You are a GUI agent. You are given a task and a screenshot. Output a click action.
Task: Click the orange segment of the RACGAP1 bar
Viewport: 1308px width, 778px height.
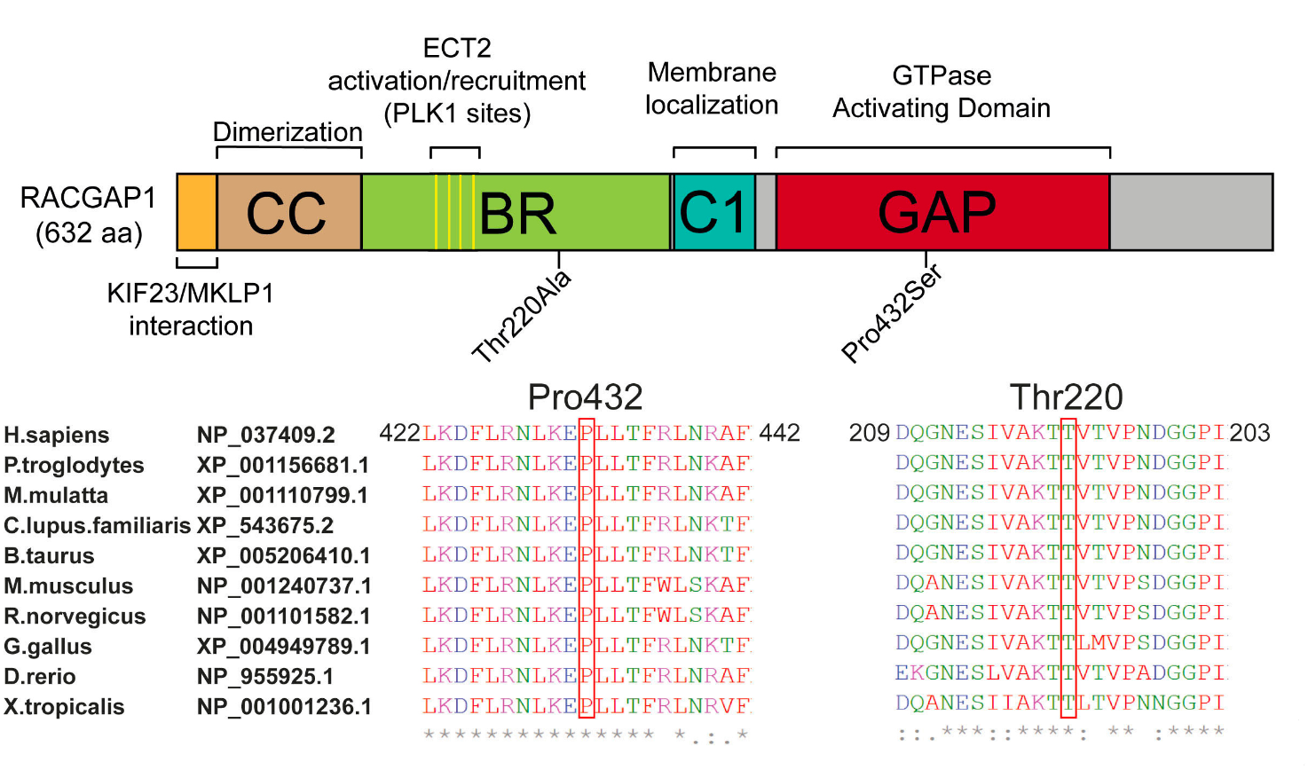197,212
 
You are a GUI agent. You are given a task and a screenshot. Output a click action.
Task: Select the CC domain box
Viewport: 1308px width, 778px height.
289,212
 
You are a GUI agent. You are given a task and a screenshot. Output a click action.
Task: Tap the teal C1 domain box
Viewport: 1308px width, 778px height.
714,212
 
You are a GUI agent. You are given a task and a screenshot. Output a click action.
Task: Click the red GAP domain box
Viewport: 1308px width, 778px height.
943,212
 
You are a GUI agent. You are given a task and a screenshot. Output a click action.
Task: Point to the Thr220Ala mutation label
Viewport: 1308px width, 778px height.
522,317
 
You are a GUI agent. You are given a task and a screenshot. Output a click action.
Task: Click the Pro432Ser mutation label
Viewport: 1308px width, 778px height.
892,313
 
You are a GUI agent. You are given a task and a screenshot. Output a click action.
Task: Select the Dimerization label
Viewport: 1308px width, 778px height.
288,132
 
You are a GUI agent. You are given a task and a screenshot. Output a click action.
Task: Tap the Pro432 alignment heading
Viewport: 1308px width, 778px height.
585,397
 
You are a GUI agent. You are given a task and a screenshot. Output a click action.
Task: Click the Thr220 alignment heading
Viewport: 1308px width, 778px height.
1067,397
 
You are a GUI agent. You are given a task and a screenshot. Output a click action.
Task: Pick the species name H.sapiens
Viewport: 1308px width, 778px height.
57,436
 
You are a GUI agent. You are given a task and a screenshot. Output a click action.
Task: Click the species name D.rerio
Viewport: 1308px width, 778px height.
40,677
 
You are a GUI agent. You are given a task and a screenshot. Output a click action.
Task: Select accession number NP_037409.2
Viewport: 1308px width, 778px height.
265,435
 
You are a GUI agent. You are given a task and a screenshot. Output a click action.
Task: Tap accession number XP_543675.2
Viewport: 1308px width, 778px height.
265,525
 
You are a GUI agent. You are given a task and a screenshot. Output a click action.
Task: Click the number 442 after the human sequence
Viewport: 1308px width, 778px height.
779,433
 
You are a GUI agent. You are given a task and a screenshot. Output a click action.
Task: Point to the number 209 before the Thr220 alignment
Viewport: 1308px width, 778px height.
869,433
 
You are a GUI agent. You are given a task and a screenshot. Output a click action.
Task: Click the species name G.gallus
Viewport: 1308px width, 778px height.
48,647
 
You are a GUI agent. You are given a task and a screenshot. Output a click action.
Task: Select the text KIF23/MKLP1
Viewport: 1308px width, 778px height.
191,293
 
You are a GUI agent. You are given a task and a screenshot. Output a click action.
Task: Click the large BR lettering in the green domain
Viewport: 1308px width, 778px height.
517,214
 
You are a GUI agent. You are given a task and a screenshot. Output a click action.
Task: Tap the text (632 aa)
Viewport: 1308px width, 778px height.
89,233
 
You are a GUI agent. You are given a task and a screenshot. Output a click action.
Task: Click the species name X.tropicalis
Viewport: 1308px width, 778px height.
64,707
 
